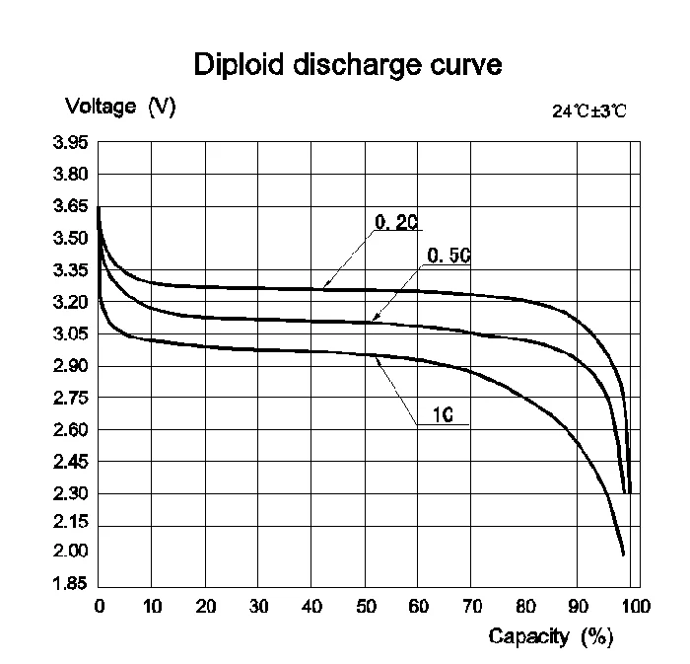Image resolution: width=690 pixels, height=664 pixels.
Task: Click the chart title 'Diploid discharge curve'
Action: [349, 65]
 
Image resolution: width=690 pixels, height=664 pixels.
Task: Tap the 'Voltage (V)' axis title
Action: [120, 108]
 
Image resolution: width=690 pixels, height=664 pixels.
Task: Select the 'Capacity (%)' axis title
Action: [551, 636]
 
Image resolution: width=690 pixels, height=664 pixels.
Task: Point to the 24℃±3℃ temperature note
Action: [588, 111]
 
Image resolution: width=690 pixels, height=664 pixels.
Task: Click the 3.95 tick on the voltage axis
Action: [70, 143]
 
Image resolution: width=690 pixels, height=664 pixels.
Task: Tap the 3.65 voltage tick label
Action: [70, 207]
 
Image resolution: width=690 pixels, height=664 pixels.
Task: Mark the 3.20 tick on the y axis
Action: [70, 302]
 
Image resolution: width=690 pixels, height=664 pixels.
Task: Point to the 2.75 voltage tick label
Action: [70, 398]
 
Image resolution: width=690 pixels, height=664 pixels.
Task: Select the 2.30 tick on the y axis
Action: [70, 493]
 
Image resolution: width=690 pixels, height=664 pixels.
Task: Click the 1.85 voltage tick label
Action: [70, 583]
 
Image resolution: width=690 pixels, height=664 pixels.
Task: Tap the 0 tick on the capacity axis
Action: [99, 605]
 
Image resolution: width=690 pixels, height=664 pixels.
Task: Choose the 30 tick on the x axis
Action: [258, 605]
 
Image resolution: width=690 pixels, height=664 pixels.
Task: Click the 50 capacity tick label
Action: [365, 605]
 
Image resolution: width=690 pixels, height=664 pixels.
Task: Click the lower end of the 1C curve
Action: [623, 554]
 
